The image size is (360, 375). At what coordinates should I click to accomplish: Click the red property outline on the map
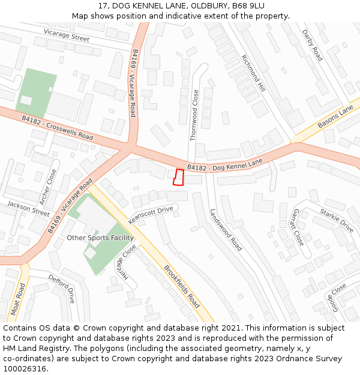[x=178, y=178]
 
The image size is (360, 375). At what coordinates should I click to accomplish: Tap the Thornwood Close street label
[x=194, y=115]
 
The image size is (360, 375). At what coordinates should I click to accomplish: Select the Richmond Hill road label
[x=253, y=73]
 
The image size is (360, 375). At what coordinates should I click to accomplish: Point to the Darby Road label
[x=312, y=45]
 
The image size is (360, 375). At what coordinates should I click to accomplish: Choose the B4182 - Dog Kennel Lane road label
[x=225, y=164]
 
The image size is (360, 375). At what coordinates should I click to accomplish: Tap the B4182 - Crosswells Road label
[x=57, y=128]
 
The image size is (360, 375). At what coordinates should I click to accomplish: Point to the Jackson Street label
[x=28, y=209]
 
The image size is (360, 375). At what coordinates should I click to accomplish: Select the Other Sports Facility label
[x=100, y=238]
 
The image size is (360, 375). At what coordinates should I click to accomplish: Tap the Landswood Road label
[x=226, y=230]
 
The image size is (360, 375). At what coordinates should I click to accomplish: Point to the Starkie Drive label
[x=337, y=220]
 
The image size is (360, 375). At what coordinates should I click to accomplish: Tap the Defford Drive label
[x=62, y=289]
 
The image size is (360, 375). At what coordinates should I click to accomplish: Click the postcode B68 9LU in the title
[x=245, y=6]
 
